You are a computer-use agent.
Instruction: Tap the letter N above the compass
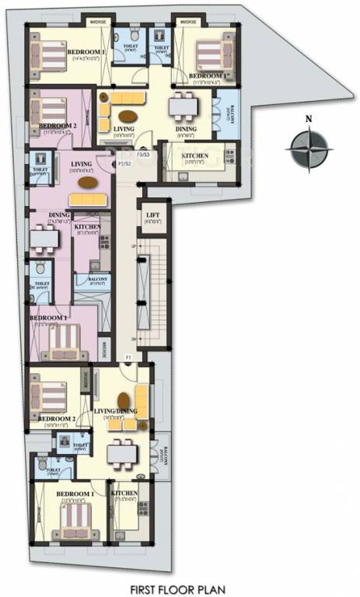pos(309,119)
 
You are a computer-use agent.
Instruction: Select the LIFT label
pos(152,218)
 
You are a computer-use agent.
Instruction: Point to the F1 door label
pos(127,357)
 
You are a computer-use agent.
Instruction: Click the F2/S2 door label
pos(122,164)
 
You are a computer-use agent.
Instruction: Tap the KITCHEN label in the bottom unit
pos(124,494)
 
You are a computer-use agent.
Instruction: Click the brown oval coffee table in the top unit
pos(126,117)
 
